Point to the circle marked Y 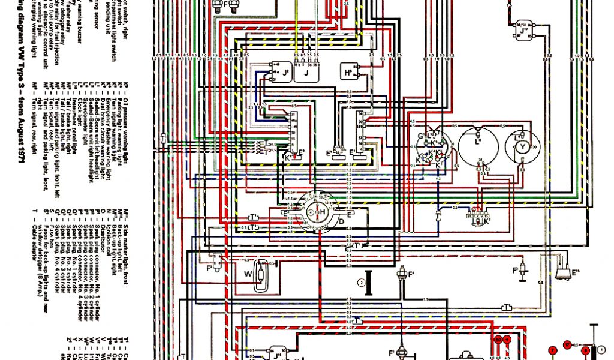point(522,146)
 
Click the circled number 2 point(361,281)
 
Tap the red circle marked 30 point(498,340)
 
